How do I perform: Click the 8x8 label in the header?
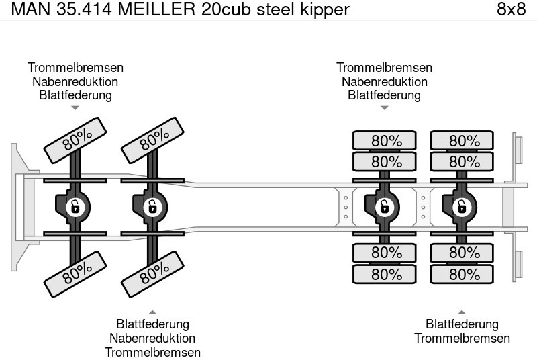[511, 9]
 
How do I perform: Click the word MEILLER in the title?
[158, 9]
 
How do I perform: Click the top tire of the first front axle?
[77, 140]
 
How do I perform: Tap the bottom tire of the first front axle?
[77, 271]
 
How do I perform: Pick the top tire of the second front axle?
[154, 140]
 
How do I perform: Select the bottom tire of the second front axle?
[154, 271]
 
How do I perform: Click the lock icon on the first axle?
[76, 207]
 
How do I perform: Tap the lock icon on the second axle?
[152, 207]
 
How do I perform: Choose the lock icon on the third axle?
[386, 207]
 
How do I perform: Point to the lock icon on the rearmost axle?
[462, 207]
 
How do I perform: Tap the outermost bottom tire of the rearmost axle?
[462, 275]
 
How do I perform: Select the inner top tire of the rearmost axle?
[462, 162]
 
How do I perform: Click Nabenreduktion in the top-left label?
[75, 81]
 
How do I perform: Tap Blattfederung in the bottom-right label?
[462, 325]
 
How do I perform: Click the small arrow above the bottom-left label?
[152, 312]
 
